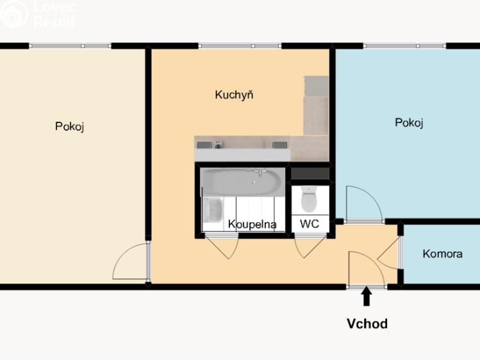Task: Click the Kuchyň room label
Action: coord(234,95)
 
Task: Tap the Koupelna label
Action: coord(252,224)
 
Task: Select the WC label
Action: coord(310,224)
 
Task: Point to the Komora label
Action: coord(442,254)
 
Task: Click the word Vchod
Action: coord(367,323)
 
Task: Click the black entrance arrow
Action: coord(367,297)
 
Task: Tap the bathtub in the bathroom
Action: coord(242,182)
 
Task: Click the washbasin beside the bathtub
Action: coord(213,209)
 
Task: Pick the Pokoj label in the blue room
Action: coord(409,123)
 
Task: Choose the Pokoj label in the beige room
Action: coord(69,126)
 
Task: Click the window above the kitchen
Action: coord(240,46)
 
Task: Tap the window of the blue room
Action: coord(404,46)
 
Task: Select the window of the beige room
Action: coord(70,46)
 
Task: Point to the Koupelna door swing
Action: coord(221,249)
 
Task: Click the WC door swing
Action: coord(310,248)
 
